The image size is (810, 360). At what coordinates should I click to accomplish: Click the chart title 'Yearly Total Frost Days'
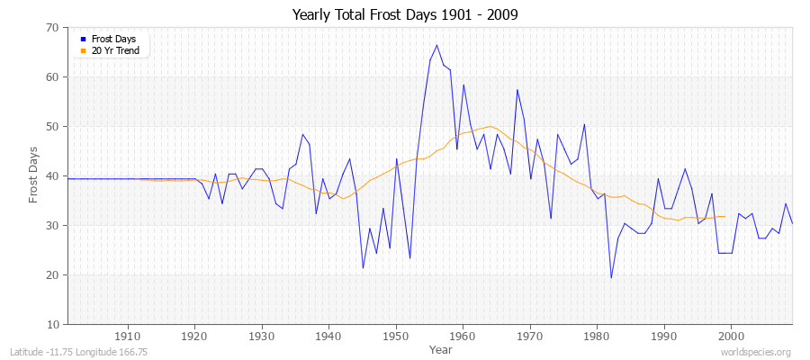click(x=405, y=15)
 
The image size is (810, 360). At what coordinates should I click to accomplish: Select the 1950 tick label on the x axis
click(x=396, y=335)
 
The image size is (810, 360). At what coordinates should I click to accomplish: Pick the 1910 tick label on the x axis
click(x=128, y=335)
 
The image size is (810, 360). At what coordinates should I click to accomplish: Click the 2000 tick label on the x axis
click(x=731, y=335)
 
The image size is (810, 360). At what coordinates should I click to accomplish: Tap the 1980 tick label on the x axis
click(x=597, y=335)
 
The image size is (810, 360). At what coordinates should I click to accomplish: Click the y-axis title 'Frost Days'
click(x=33, y=175)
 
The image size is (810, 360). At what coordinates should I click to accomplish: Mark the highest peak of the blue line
click(x=436, y=45)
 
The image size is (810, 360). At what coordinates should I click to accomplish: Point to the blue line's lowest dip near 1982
click(x=611, y=277)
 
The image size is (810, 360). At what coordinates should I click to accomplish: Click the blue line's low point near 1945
click(x=363, y=268)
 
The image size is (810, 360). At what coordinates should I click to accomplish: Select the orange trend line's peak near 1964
click(x=490, y=126)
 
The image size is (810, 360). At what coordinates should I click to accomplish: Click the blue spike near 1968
click(x=517, y=89)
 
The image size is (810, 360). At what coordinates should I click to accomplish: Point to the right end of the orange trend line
click(x=724, y=216)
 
